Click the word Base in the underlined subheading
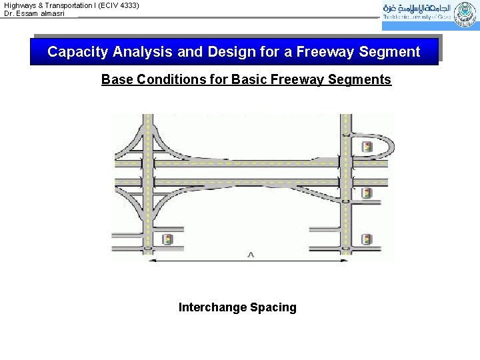pos(117,80)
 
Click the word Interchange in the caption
pos(212,307)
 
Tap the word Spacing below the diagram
pos(273,307)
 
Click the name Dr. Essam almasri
pos(35,13)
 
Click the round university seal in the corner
pos(465,15)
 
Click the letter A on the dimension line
pos(250,254)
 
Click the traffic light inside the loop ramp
pos(367,147)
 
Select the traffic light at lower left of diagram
pos(167,239)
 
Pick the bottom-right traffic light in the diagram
pos(367,239)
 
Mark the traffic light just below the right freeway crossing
pos(367,193)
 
